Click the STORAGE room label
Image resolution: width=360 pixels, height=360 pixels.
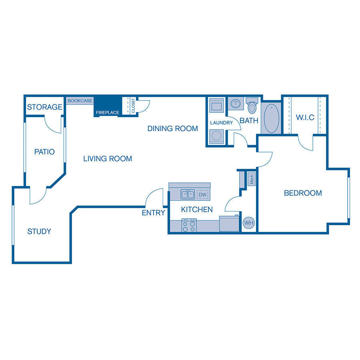(45, 107)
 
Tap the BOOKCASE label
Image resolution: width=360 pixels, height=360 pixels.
(80, 101)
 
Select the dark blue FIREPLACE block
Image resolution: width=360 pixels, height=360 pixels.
(107, 107)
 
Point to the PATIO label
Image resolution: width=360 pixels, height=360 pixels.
(44, 152)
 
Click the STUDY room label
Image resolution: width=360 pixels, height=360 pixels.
(39, 231)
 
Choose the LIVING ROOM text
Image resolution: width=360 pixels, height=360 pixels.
(108, 159)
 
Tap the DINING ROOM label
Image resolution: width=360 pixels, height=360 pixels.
(172, 128)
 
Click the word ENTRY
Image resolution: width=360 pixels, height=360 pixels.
(153, 213)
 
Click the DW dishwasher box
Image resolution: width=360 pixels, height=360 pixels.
(202, 195)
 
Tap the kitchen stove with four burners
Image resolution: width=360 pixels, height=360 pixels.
(189, 226)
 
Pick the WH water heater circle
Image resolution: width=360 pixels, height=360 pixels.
(249, 223)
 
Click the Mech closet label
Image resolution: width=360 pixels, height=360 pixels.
(252, 179)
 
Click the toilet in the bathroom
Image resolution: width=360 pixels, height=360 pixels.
(252, 106)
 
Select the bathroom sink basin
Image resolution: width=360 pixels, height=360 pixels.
(235, 104)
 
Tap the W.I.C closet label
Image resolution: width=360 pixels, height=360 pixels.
(305, 118)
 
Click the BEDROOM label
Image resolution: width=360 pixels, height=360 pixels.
(303, 193)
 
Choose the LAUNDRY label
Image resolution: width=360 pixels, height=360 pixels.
(221, 123)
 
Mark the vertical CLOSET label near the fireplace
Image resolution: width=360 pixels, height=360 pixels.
(133, 105)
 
